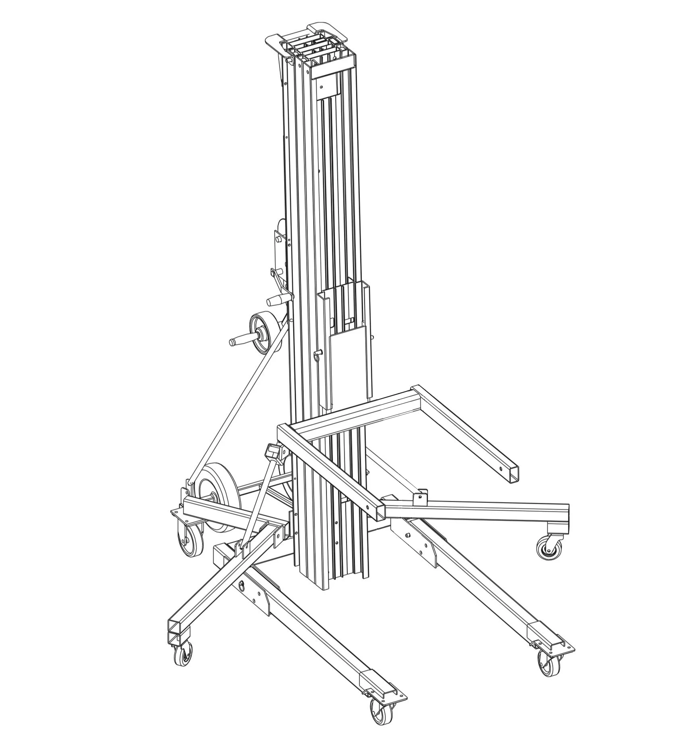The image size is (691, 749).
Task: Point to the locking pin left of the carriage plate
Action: pyautogui.click(x=318, y=354)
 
